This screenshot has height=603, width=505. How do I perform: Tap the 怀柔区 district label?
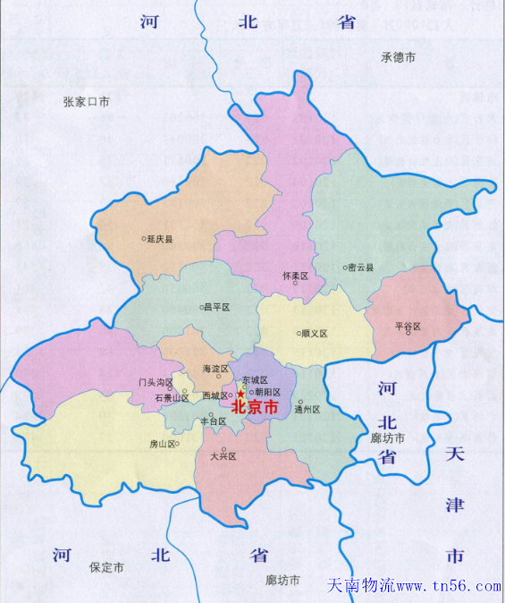pyautogui.click(x=295, y=276)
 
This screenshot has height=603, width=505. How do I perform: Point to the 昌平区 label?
pyautogui.click(x=217, y=307)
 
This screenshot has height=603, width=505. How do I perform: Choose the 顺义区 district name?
pyautogui.click(x=315, y=334)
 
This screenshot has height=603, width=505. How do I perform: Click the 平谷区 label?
pyautogui.click(x=408, y=327)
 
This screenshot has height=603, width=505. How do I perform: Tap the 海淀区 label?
pyautogui.click(x=217, y=368)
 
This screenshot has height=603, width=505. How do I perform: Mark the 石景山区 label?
pyautogui.click(x=171, y=397)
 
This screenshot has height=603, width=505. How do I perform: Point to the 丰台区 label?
pyautogui.click(x=213, y=420)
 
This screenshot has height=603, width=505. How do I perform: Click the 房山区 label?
pyautogui.click(x=164, y=444)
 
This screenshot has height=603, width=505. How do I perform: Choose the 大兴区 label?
pyautogui.click(x=223, y=455)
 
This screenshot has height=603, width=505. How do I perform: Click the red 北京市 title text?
pyautogui.click(x=256, y=406)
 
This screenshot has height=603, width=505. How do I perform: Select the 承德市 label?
pyautogui.click(x=399, y=57)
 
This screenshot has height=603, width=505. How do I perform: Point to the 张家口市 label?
pyautogui.click(x=87, y=102)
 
